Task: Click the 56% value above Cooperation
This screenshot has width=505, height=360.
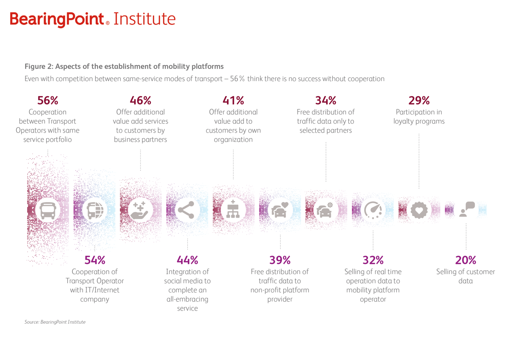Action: tap(48, 100)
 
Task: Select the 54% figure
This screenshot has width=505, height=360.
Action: tap(95, 260)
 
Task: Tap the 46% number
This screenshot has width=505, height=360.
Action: tap(140, 100)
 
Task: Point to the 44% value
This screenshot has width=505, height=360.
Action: tap(187, 260)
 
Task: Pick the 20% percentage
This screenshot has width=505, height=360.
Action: tap(466, 260)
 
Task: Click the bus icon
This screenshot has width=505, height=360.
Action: tap(48, 210)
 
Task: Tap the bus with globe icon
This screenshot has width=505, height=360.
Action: tap(95, 210)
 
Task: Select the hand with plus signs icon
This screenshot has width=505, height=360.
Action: tap(140, 210)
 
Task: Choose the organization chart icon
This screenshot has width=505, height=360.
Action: tap(233, 210)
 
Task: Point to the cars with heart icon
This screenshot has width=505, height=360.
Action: tap(280, 210)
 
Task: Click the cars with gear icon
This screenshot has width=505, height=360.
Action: tap(325, 210)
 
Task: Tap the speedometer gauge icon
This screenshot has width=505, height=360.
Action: tap(373, 210)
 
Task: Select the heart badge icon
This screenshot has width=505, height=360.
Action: tap(419, 210)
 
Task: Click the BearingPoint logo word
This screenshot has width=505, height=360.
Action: tap(57, 19)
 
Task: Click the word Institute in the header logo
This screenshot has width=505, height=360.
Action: tap(144, 19)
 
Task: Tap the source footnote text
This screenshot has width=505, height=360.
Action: tap(55, 322)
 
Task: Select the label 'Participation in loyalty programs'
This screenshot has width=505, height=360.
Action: tap(419, 117)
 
